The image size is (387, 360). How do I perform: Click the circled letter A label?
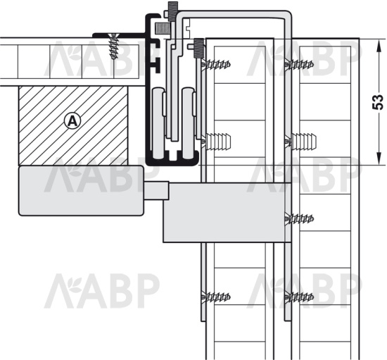(72, 121)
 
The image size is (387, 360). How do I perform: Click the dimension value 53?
(378, 101)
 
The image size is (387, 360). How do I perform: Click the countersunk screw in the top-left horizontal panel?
(113, 46)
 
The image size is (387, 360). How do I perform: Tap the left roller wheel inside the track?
(158, 123)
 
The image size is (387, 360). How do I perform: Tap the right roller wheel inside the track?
(189, 123)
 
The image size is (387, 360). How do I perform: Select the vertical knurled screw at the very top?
(172, 11)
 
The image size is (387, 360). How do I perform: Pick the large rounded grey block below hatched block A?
(81, 190)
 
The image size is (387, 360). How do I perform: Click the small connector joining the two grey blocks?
(156, 190)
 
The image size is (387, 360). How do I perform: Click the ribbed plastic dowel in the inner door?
(216, 141)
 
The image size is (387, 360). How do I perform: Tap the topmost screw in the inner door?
(216, 65)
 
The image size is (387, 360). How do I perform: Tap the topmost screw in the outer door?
(299, 65)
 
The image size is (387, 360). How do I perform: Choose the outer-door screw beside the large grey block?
(299, 218)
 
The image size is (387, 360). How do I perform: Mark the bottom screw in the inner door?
(216, 297)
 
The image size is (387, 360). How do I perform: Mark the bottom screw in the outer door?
(299, 297)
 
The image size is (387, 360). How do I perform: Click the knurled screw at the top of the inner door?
(198, 48)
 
